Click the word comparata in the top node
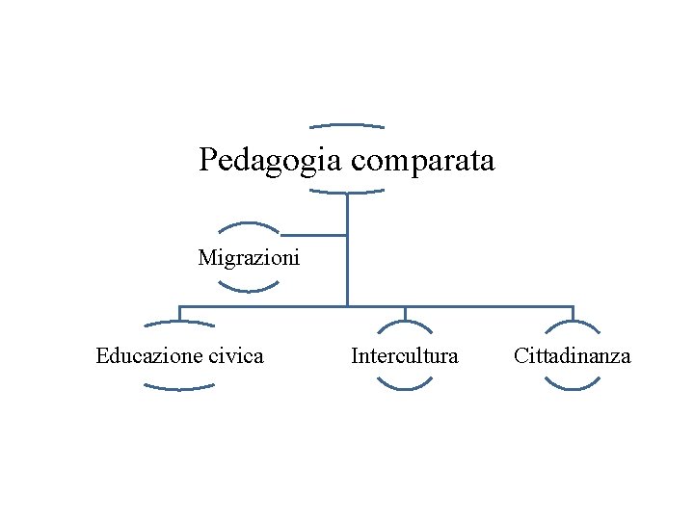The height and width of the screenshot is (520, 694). coord(423,160)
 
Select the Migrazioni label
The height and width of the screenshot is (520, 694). coord(249,258)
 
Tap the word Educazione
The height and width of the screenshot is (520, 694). coord(149,356)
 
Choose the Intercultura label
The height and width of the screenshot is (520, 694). coord(405,356)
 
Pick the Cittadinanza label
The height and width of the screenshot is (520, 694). coord(573,356)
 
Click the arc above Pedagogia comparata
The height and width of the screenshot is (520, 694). coord(347,125)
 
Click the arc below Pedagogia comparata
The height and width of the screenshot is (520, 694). coord(347,193)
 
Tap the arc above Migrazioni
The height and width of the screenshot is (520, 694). coord(249,225)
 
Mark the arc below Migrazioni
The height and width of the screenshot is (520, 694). coord(249,290)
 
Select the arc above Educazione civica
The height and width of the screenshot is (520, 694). coord(179,323)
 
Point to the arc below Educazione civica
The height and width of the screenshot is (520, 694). coord(179,388)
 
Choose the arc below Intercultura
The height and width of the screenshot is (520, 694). coord(405,388)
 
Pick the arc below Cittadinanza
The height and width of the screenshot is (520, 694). coord(573,388)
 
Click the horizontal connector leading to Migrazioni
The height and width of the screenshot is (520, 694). coord(313,234)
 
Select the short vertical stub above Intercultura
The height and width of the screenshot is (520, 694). coord(405,313)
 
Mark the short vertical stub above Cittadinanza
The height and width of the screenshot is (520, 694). coord(573,313)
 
